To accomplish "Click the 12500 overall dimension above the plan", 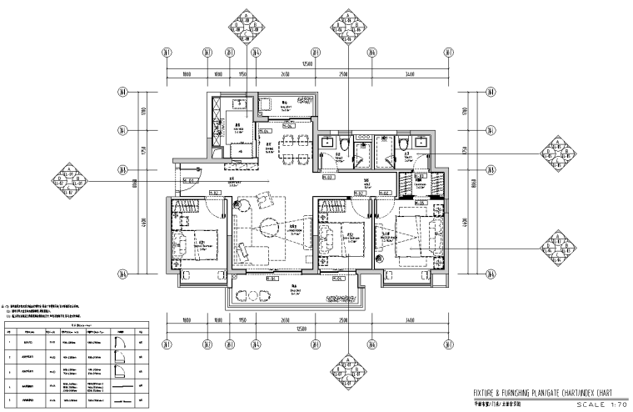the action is point(307,63).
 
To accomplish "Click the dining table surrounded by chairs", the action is point(289,154).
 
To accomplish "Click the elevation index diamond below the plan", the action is point(346,367).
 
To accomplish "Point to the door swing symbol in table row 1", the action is point(114,341).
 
